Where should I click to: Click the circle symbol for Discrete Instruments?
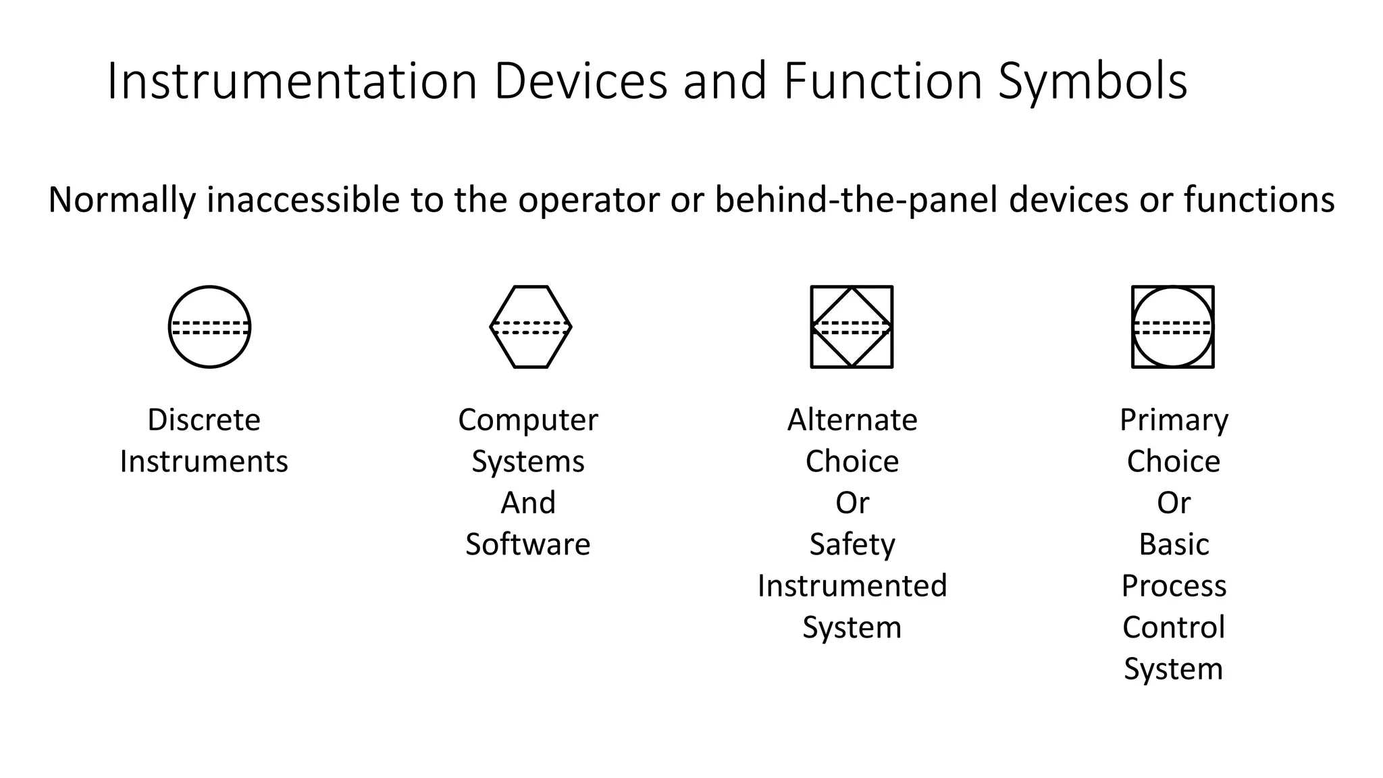209,327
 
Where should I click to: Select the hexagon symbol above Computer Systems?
531,327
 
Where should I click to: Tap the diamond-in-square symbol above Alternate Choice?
852,327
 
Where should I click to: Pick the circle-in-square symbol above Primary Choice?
1173,327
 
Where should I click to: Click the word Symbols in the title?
1093,81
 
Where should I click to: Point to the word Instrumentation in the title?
292,81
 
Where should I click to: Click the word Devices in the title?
581,81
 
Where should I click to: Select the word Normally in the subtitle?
122,200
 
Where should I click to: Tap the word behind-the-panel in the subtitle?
856,200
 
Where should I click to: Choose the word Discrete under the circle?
204,420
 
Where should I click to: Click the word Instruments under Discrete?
204,462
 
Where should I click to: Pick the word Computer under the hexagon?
528,420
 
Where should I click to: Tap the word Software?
528,544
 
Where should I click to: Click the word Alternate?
852,420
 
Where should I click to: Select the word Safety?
852,544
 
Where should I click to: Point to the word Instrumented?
852,586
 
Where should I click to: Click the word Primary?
1174,420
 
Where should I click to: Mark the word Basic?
1174,544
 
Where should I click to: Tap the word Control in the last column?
1174,627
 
